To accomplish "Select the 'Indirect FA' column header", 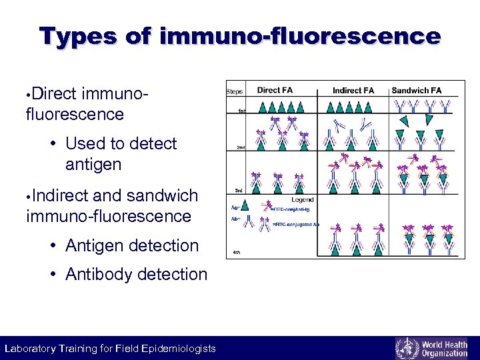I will pyautogui.click(x=353, y=90).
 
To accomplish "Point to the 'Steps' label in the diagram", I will pyautogui.click(x=235, y=91).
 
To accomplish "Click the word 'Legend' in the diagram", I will pyautogui.click(x=303, y=199).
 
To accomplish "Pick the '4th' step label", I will pyautogui.click(x=237, y=253).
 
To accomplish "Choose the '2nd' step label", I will pyautogui.click(x=237, y=148).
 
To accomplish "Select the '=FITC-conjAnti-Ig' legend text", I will pyautogui.click(x=293, y=210).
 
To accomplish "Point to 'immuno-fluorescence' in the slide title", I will pyautogui.click(x=300, y=36).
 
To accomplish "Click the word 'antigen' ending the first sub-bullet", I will pyautogui.click(x=93, y=163).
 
